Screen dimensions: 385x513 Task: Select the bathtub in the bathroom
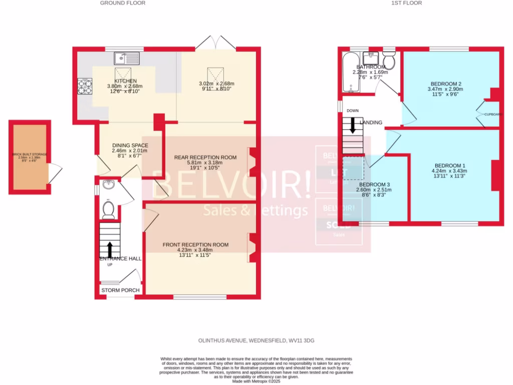(349, 74)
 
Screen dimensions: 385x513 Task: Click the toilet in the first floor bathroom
(390, 62)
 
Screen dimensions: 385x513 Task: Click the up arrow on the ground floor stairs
(110, 248)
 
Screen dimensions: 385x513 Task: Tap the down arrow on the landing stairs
(352, 125)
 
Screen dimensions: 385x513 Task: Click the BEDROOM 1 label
(450, 166)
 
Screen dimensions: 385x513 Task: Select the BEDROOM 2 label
(445, 84)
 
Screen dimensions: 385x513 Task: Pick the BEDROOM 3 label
(375, 184)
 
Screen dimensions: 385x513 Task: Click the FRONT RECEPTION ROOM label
(195, 245)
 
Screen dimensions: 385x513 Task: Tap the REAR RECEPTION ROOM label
(205, 157)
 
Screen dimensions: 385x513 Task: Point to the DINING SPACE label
(130, 145)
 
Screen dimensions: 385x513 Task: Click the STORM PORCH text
(120, 290)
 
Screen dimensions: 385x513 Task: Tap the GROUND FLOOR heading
(123, 3)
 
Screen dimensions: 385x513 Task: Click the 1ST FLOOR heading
(406, 3)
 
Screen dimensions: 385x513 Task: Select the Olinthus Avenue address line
(256, 341)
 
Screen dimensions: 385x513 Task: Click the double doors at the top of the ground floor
(215, 43)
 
